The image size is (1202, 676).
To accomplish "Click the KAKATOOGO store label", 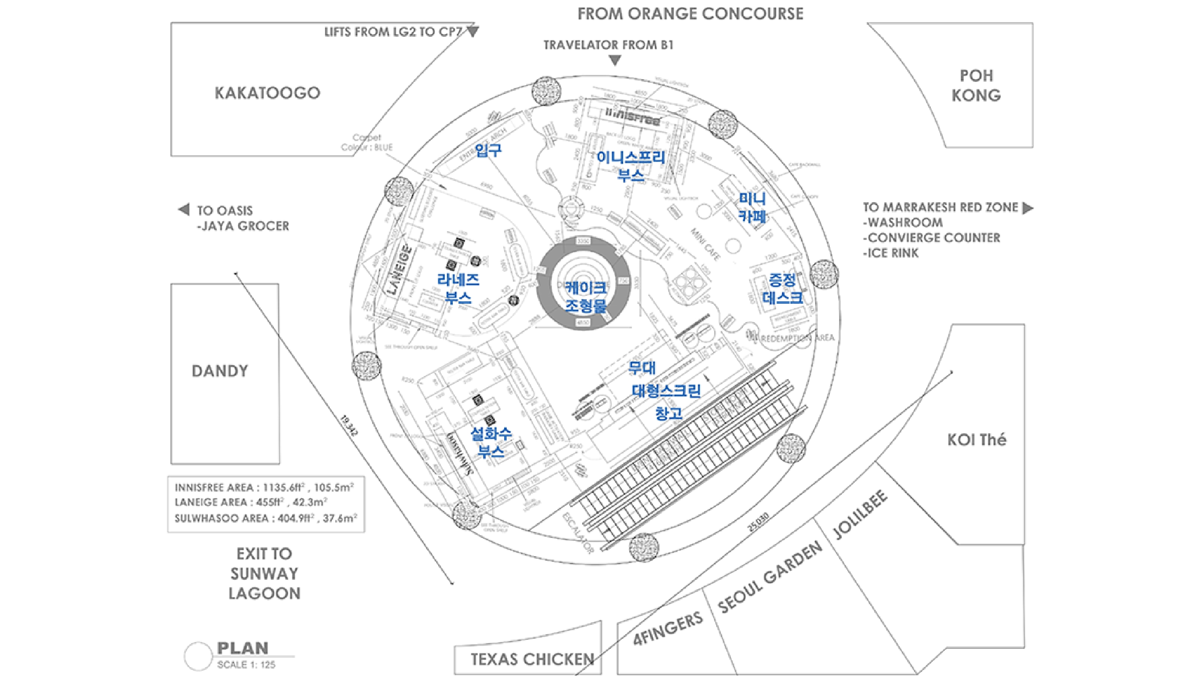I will click(x=268, y=93).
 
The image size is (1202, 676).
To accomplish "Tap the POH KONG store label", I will click(x=976, y=86).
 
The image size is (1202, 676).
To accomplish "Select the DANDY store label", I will click(x=220, y=371).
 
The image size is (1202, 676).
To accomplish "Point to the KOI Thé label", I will click(x=977, y=440).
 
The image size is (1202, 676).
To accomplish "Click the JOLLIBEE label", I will click(x=860, y=514).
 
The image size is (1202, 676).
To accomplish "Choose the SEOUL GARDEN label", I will click(x=770, y=578).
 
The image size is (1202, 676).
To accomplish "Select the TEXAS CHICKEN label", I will click(x=533, y=659).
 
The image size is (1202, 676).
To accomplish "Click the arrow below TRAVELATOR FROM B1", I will click(x=615, y=61).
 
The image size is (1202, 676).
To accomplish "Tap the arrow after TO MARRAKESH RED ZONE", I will click(x=1028, y=208).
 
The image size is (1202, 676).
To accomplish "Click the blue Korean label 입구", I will click(x=488, y=150).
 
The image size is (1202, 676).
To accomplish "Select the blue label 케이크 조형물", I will click(x=586, y=296).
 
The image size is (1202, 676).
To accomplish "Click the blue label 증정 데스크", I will click(x=783, y=289).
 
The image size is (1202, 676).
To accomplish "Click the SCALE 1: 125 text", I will click(x=246, y=664).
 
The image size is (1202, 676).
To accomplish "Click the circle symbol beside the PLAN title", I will click(x=198, y=656).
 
